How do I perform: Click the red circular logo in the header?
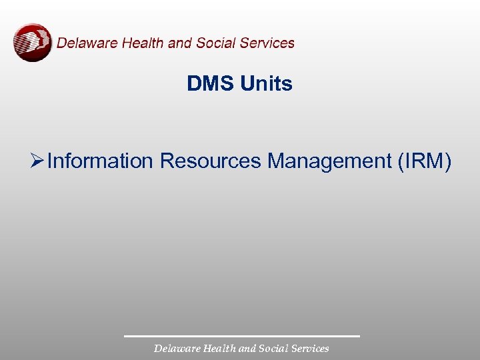click(x=33, y=43)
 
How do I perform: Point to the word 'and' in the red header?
click(x=179, y=43)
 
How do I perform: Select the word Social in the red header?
click(x=216, y=43)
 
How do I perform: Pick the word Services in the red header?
click(x=267, y=43)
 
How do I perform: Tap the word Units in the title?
click(x=266, y=84)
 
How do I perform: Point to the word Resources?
click(x=211, y=161)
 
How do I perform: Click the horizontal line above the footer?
click(x=241, y=336)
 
